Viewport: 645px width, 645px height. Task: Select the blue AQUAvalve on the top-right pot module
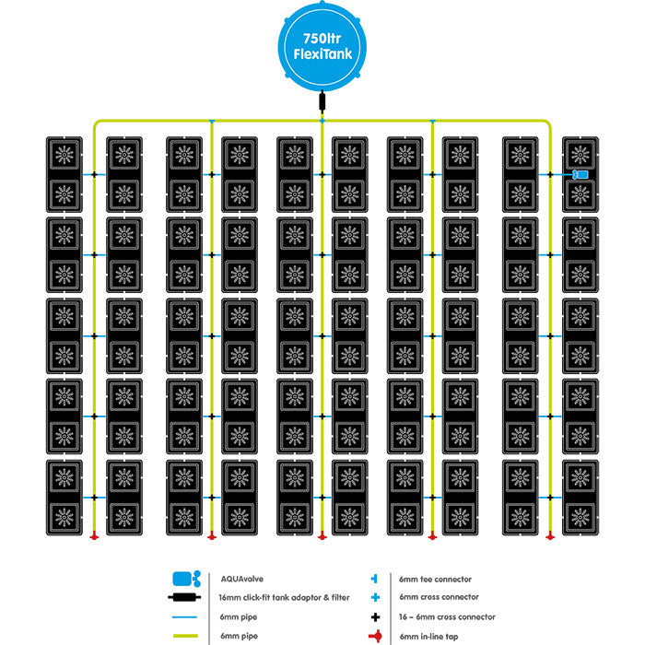point(580,174)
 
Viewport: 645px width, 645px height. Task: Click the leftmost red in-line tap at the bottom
point(95,534)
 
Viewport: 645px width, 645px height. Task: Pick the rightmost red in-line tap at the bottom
point(550,534)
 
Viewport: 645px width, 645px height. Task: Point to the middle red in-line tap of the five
point(322,534)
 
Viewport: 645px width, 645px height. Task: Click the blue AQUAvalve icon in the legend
point(186,579)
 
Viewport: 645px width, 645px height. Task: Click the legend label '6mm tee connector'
point(435,579)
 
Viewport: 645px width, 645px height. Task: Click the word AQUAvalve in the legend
point(240,578)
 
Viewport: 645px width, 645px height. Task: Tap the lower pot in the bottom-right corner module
point(580,512)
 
